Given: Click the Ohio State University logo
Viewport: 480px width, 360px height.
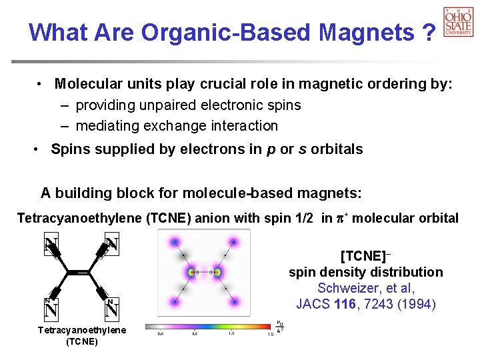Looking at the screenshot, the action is [458, 21].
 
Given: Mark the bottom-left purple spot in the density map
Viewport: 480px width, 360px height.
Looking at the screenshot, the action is [175, 301].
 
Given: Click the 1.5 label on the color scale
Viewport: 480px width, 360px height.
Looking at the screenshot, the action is [269, 334].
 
